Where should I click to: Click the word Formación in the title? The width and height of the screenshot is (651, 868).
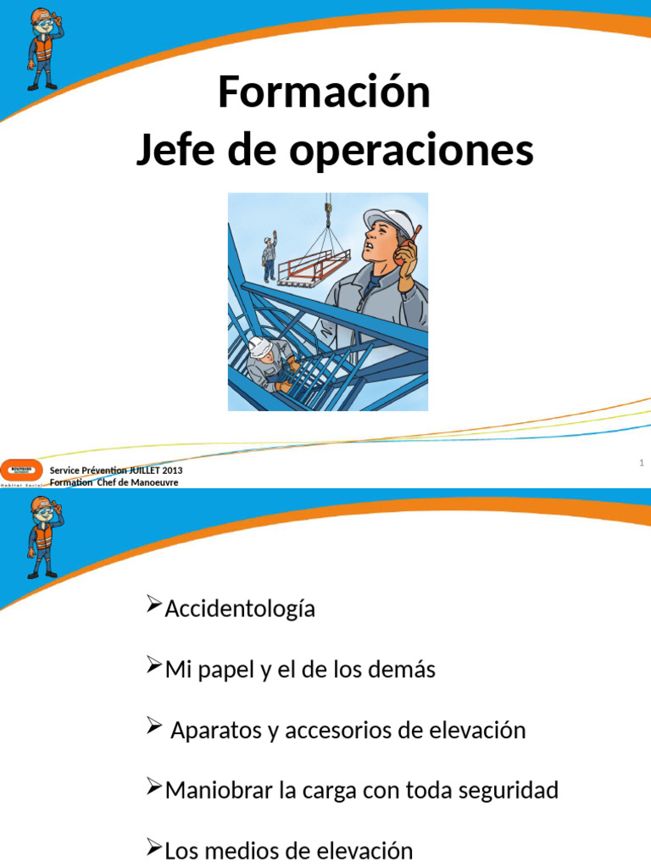coord(324,92)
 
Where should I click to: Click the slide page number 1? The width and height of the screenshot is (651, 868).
coord(642,463)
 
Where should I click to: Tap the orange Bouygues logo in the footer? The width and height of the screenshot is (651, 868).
coord(20,469)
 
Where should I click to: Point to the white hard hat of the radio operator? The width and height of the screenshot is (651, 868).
coord(387,221)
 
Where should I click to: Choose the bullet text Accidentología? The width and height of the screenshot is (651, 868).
coord(240,609)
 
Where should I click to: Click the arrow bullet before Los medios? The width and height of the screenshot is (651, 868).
coord(153,848)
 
